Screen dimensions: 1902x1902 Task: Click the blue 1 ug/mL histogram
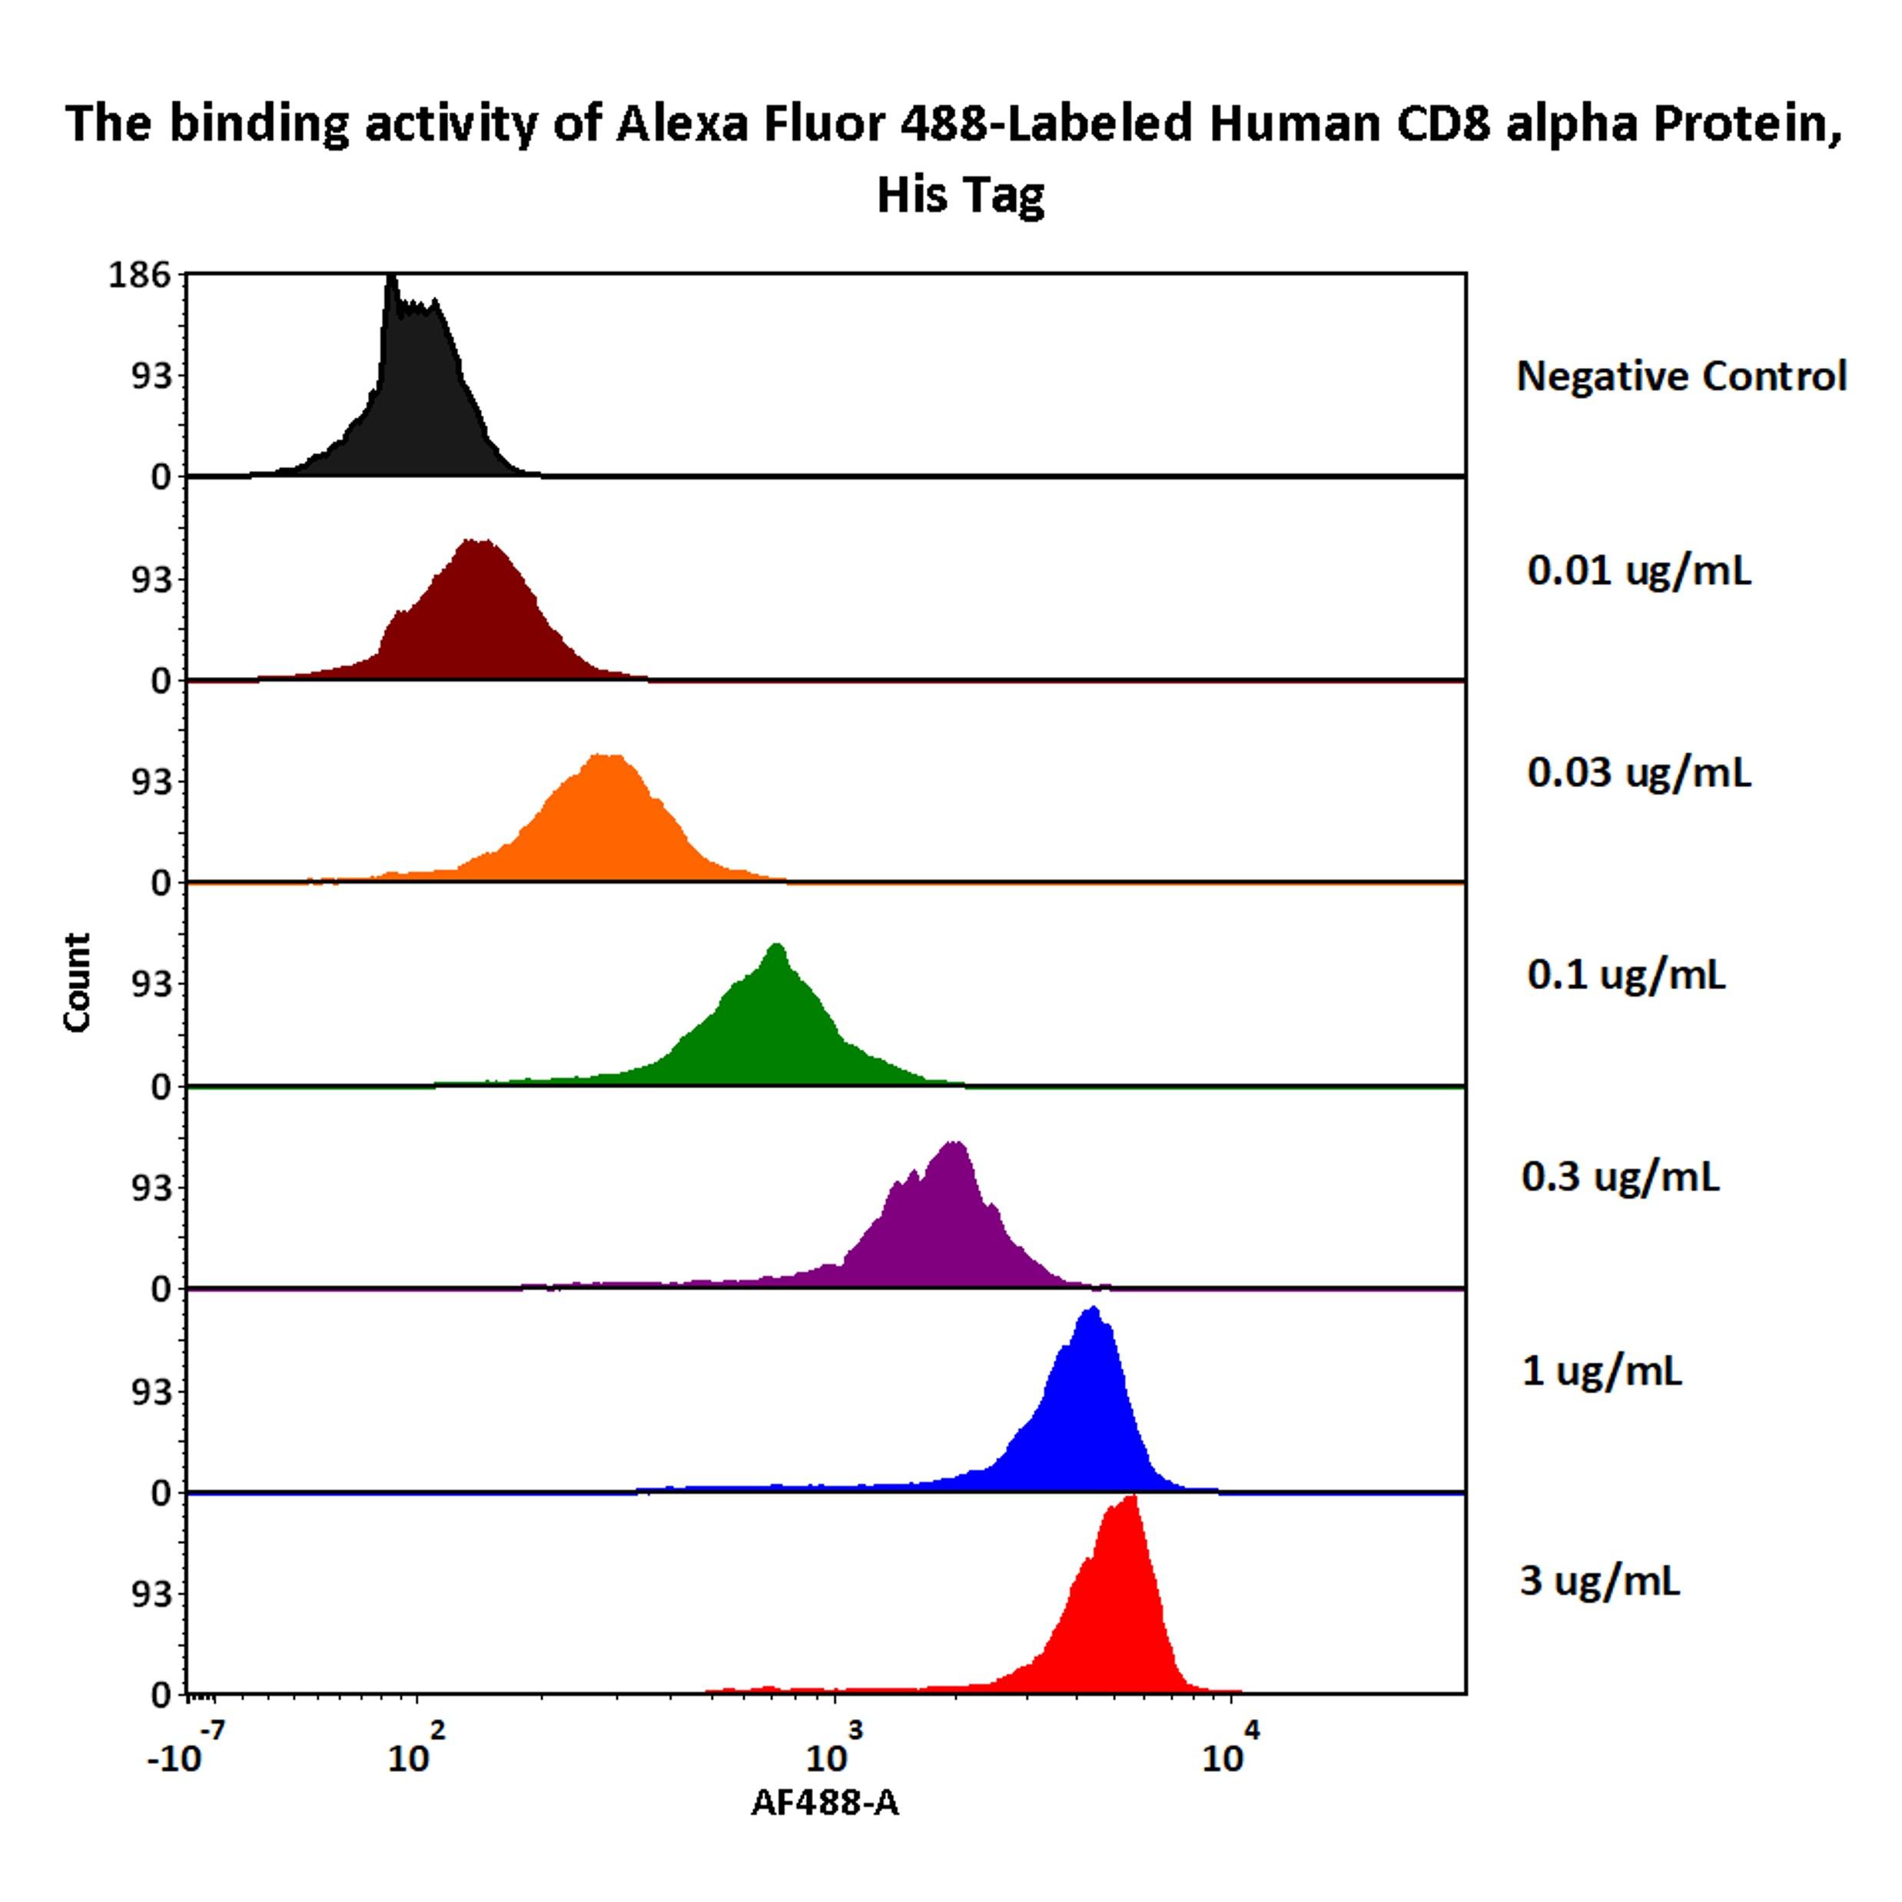pyautogui.click(x=1083, y=1418)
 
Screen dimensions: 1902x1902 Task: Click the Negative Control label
pyautogui.click(x=1681, y=376)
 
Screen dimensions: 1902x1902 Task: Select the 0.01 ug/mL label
pyautogui.click(x=1639, y=570)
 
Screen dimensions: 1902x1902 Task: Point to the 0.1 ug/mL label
pyautogui.click(x=1625, y=974)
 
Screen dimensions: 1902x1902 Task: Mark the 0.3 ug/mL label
pyautogui.click(x=1621, y=1177)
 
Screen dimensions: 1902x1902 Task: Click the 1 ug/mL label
pyautogui.click(x=1602, y=1370)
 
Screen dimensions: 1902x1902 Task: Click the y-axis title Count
pyautogui.click(x=77, y=982)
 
